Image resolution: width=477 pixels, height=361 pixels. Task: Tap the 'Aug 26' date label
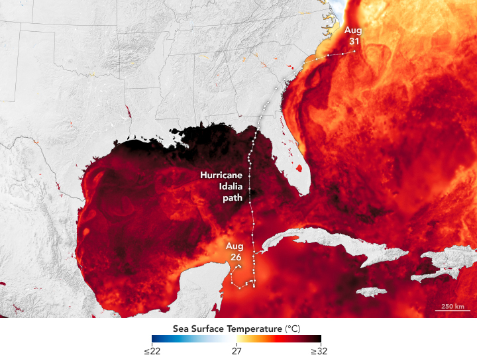(235, 252)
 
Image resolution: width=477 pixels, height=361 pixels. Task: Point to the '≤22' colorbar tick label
(152, 351)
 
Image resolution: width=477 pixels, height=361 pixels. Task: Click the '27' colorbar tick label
(237, 351)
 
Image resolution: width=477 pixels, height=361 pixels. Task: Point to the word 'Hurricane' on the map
(223, 176)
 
